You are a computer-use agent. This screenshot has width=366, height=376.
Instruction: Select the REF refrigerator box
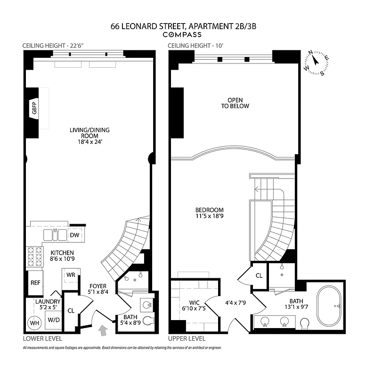point(35,283)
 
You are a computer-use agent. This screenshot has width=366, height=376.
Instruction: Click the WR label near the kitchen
point(71,274)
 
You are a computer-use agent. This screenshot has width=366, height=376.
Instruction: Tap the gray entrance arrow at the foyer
point(104,332)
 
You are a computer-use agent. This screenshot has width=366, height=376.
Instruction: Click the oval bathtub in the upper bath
point(331,306)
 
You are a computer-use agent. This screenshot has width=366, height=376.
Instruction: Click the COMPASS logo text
point(182,35)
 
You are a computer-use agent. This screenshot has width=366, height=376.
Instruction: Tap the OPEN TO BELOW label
point(238,103)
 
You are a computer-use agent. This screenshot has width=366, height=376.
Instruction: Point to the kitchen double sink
point(55,234)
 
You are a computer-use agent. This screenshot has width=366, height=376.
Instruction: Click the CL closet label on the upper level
point(259,276)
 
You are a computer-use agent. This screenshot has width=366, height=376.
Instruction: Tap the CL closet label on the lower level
point(71,310)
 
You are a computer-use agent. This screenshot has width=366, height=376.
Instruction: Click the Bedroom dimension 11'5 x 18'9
point(210,217)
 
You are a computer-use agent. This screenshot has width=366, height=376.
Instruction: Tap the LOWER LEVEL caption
point(42,338)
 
